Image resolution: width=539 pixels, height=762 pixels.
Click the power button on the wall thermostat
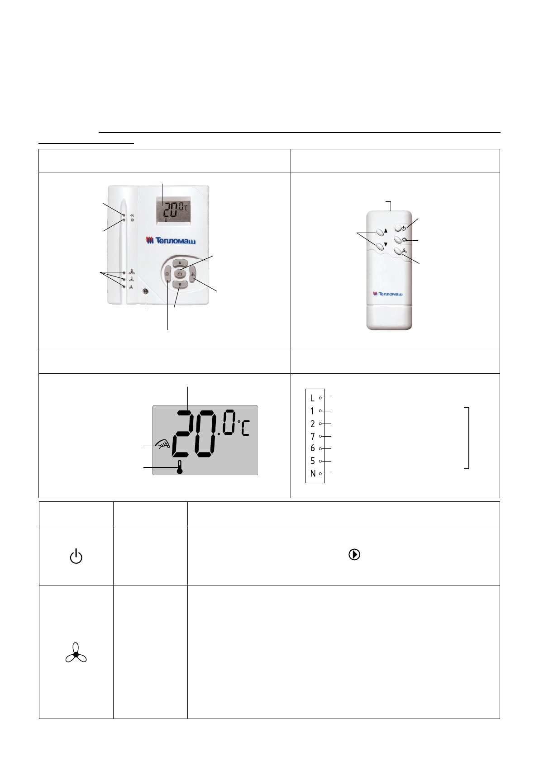pos(180,273)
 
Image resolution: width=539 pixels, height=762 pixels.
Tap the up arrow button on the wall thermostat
pos(180,262)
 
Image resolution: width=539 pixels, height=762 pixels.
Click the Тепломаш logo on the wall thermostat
pos(171,241)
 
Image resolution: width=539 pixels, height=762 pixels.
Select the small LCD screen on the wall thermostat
pos(173,211)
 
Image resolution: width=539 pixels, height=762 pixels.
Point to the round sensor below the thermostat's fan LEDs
pos(146,291)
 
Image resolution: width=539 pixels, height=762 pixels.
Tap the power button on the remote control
pos(398,228)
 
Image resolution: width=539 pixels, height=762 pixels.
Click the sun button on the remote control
pos(398,239)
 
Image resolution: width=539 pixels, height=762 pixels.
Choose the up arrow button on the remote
pos(380,232)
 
